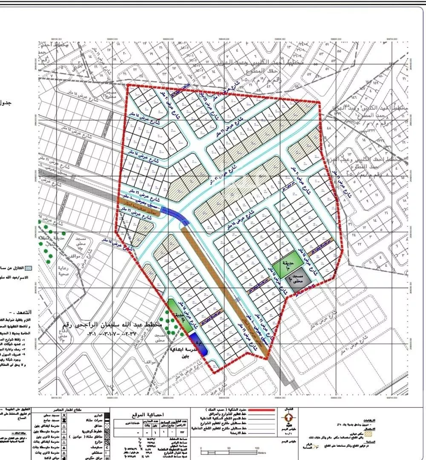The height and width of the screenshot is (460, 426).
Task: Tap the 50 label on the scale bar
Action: [229, 448]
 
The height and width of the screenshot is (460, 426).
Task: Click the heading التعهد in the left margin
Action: [11, 312]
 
